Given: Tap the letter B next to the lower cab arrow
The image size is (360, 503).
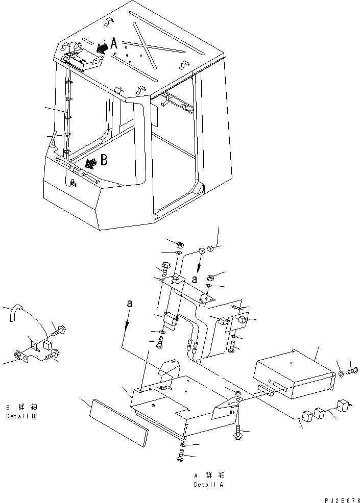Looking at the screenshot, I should click(104, 160).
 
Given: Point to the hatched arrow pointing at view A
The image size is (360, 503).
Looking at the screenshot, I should click(102, 47).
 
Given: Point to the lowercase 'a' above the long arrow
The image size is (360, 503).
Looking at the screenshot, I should click(130, 304).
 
